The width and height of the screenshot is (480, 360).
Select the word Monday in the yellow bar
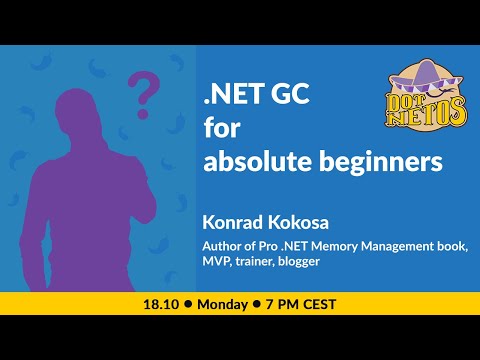click(230, 301)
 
